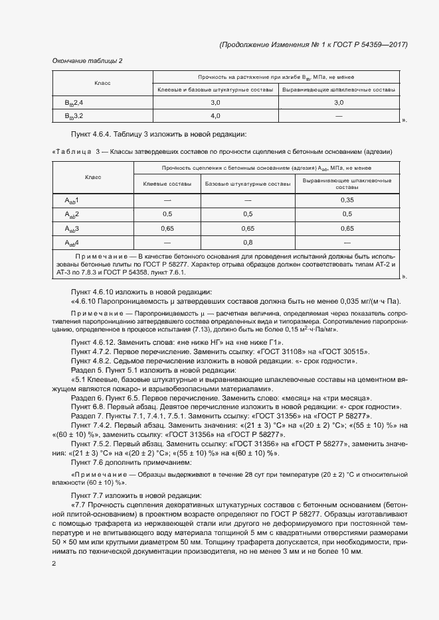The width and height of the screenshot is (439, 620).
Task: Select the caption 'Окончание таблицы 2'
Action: coord(87,61)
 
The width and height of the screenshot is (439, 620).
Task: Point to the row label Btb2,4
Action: coord(74,102)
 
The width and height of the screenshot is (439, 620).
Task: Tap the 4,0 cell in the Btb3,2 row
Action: coord(215,115)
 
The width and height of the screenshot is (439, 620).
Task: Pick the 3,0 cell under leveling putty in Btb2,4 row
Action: coord(339,102)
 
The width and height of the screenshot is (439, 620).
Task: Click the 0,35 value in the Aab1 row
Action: coord(347,200)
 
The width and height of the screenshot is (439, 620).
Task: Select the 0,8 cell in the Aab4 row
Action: coord(248,243)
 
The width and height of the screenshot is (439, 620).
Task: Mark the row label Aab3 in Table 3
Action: coord(72,228)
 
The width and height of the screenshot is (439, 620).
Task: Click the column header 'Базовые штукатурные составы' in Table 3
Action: coord(248,183)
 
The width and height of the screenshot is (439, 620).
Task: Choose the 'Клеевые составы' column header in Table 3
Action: coord(167,183)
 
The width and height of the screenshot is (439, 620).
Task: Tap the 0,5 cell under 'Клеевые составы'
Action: coord(167,214)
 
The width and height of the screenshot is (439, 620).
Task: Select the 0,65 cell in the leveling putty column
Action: coord(347,228)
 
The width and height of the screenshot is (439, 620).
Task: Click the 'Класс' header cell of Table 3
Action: coord(92,177)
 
